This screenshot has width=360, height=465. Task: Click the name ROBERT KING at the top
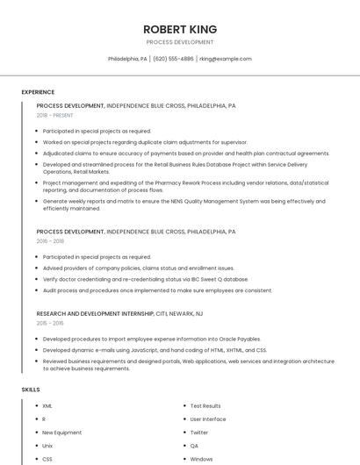pos(179,29)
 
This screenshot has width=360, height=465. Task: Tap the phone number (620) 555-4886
pos(173,59)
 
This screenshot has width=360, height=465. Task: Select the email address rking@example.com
pos(226,59)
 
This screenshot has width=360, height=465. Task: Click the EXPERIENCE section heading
pos(38,92)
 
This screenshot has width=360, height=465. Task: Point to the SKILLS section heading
pos(31,389)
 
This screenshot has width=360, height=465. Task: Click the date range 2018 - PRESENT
pos(55,115)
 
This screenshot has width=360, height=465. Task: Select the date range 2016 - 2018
pos(50,240)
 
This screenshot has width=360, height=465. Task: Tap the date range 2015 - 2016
pos(50,323)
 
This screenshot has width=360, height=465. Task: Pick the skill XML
pos(47,406)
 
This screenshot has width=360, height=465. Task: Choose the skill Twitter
pos(199,433)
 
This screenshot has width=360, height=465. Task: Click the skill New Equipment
pos(61,433)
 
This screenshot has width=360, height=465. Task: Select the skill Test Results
pos(205,406)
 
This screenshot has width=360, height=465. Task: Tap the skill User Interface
pos(208,419)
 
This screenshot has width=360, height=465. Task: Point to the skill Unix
pos(47,446)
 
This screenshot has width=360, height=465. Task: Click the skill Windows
pos(202,459)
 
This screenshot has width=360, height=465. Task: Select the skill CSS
pos(47,459)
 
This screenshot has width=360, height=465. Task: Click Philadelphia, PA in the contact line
pos(127,59)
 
